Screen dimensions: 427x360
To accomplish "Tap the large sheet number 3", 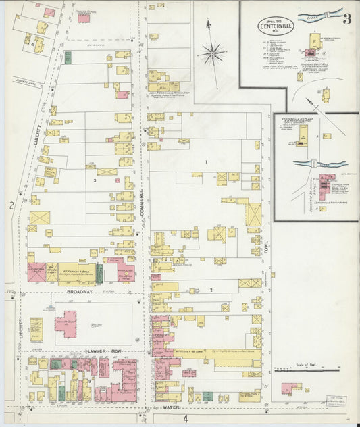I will pyautogui.click(x=346, y=18).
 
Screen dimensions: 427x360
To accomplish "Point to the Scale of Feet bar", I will pyautogui.click(x=307, y=370).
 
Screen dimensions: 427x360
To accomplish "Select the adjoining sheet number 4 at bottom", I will pyautogui.click(x=184, y=419).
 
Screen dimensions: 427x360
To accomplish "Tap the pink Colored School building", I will pyautogui.click(x=84, y=18).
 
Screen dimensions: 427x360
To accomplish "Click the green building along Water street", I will pyautogui.click(x=207, y=396).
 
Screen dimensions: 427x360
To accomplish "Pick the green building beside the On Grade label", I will pyautogui.click(x=68, y=57).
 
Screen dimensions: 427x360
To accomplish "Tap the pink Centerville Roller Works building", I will pyautogui.click(x=328, y=183).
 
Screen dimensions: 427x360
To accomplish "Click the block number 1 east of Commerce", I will pyautogui.click(x=206, y=162).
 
